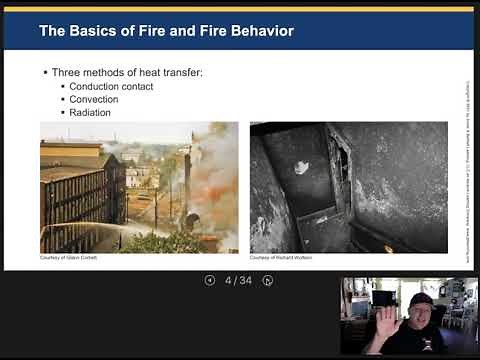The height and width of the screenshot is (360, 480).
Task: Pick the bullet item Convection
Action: [x=94, y=100]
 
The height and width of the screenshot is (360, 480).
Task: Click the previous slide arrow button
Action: [x=209, y=280]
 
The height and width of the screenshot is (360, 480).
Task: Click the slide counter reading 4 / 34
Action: [x=238, y=280]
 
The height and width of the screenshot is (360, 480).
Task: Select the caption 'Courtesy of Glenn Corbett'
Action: [x=67, y=258]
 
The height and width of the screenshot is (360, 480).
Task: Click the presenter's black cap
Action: [x=421, y=300]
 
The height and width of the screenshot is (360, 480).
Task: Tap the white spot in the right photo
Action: [x=302, y=168]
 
